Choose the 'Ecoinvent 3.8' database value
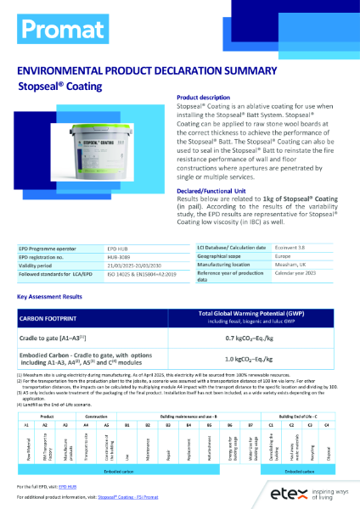click(291, 245)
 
